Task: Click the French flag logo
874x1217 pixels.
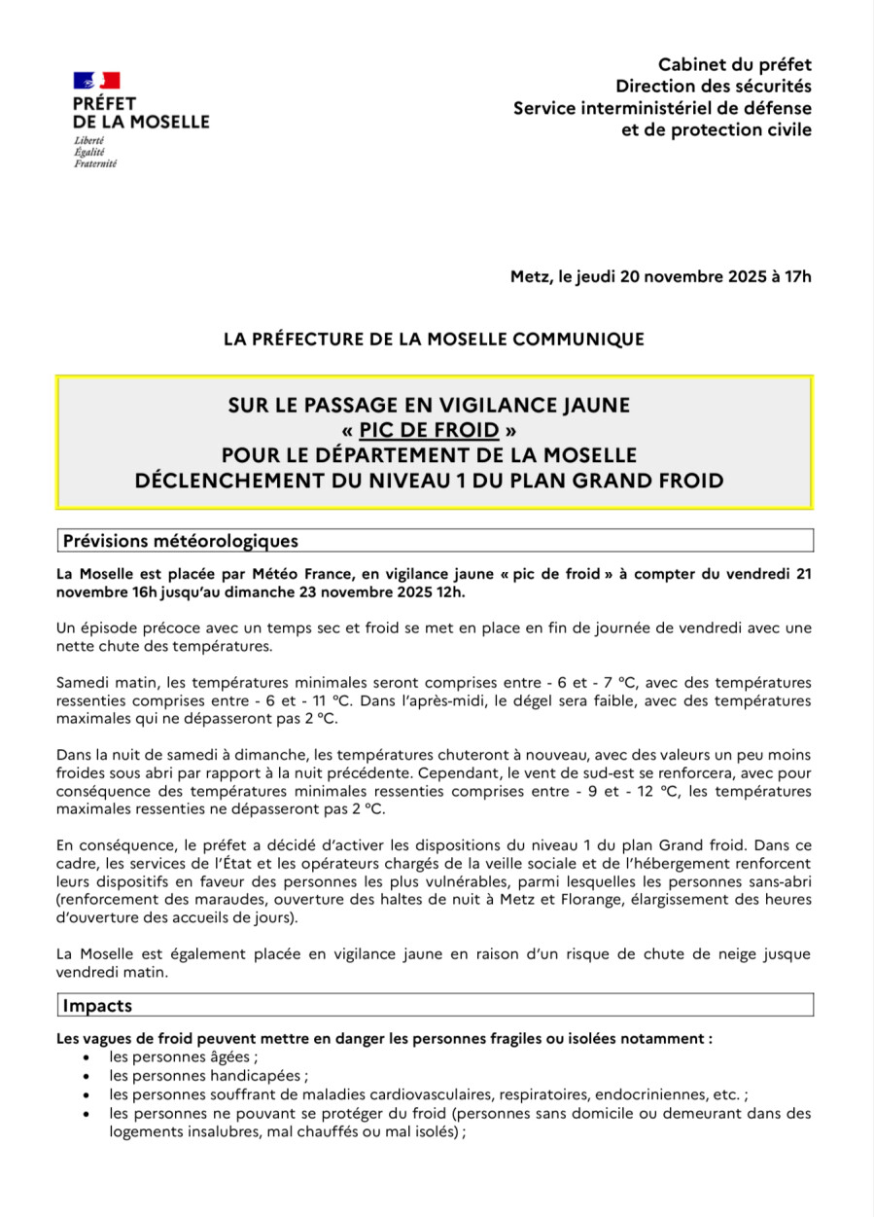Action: coord(96,81)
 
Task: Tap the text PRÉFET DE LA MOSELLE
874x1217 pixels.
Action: coord(140,112)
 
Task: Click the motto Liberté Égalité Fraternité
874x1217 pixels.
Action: coord(95,152)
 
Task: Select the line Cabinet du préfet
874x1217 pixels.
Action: coord(734,64)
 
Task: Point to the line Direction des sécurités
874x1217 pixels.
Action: coord(719,87)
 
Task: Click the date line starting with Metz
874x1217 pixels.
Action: coord(660,276)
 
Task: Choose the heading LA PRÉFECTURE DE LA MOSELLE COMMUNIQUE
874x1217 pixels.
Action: coord(434,339)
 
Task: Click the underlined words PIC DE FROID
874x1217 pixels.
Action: coord(429,429)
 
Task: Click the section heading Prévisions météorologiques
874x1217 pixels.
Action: coord(180,541)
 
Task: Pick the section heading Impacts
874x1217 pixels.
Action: coord(97,1005)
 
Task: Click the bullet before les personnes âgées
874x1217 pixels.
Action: coord(88,1057)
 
